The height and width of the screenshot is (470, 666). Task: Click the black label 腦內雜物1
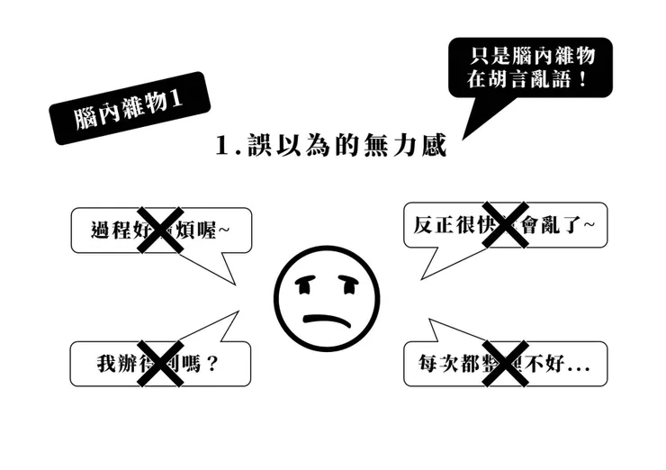130,107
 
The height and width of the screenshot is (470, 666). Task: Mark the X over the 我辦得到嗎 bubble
160,364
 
